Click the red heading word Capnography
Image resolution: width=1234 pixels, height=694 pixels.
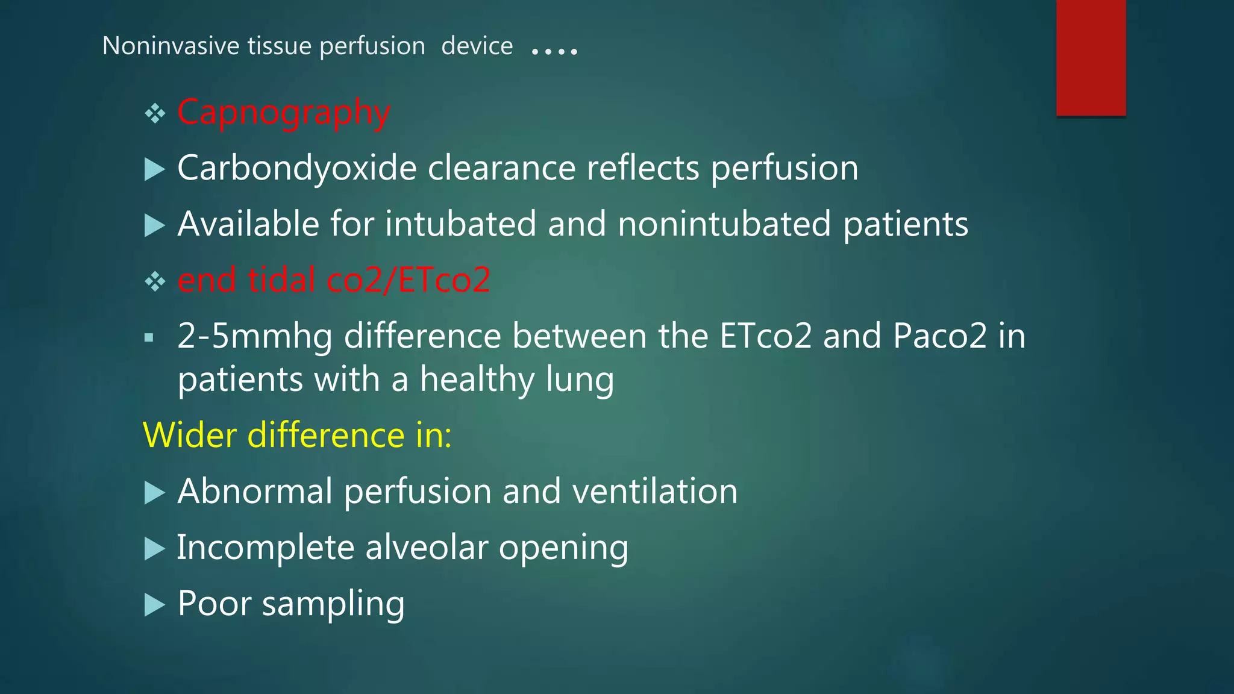(284, 113)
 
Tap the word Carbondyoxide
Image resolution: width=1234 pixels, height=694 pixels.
(296, 168)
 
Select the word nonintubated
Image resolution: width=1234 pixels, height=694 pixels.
(724, 224)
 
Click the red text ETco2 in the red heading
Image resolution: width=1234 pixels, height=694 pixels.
(444, 280)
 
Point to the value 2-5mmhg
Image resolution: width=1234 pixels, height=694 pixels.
(254, 336)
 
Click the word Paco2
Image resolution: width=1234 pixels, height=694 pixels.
(940, 336)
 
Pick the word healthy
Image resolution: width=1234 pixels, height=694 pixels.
(477, 380)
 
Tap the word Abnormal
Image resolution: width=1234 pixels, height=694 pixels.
(255, 491)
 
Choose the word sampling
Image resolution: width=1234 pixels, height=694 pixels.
(333, 604)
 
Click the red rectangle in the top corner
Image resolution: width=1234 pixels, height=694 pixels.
(1091, 58)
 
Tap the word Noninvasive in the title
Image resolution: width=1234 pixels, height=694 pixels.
(171, 46)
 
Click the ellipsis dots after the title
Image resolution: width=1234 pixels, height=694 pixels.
(554, 51)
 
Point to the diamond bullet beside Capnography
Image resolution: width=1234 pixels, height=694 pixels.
(155, 113)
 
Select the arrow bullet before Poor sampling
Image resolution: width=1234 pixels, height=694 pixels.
(155, 604)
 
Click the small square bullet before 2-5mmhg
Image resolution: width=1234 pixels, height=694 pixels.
(149, 338)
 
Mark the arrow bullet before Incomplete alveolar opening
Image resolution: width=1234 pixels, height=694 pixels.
(155, 548)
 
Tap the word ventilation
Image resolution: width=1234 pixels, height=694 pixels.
(655, 491)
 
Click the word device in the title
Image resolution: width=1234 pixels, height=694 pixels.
(477, 46)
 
